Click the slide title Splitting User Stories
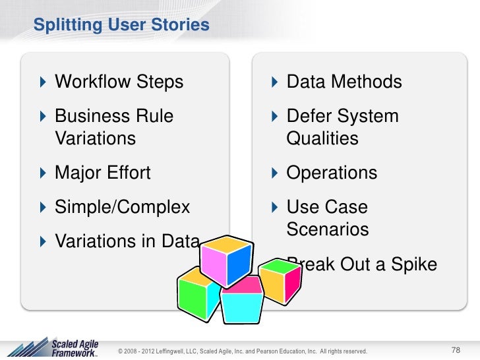(x=121, y=26)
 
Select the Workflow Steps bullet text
(x=119, y=82)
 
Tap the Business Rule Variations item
(x=113, y=127)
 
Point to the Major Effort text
(x=102, y=173)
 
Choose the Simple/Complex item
(x=122, y=207)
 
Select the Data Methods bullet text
(x=344, y=82)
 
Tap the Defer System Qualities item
(x=342, y=127)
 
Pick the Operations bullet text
(x=332, y=173)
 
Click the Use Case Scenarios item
(x=328, y=218)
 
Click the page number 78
(x=456, y=349)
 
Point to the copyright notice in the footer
(x=241, y=350)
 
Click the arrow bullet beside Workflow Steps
(x=44, y=82)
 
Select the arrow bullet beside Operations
(x=276, y=173)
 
